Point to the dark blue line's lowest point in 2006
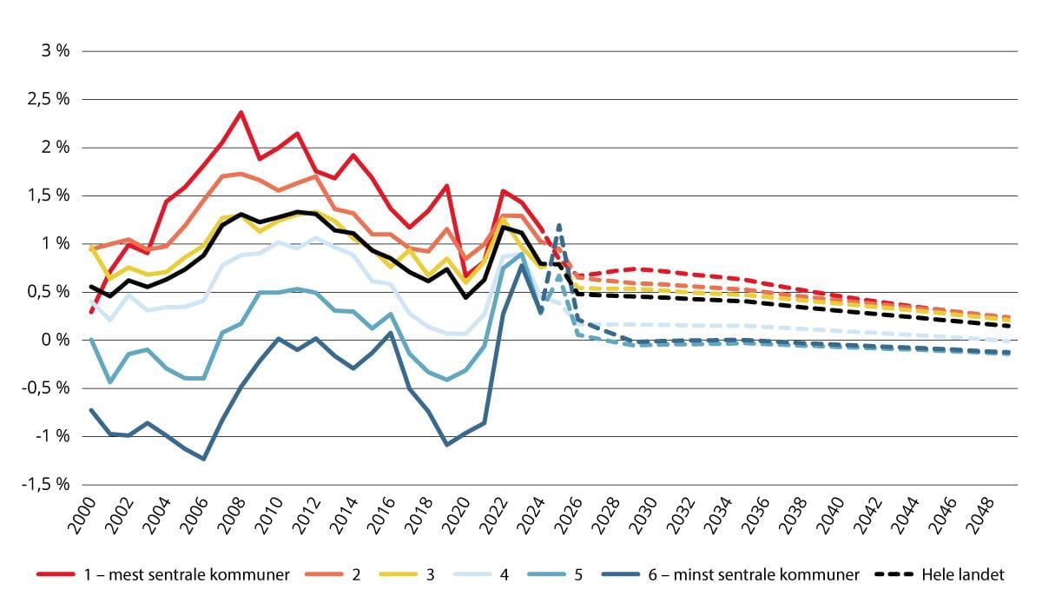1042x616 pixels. coord(203,459)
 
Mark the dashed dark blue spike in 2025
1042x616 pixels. coord(558,224)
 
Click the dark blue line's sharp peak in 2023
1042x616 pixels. coord(521,265)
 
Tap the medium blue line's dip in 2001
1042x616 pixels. coord(109,381)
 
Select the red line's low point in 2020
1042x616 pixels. coord(465,276)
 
